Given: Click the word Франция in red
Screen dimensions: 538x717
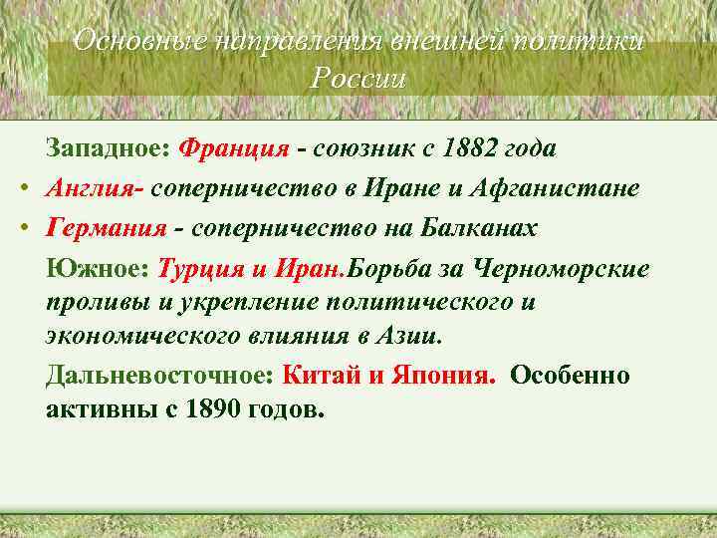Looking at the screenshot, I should pyautogui.click(x=234, y=149).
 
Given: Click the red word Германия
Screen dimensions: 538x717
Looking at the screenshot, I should pyautogui.click(x=106, y=228).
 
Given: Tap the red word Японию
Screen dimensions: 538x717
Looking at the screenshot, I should pyautogui.click(x=438, y=376).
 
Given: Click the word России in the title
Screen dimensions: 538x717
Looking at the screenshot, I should pyautogui.click(x=358, y=79).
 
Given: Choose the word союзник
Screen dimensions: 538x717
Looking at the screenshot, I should pyautogui.click(x=359, y=149).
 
